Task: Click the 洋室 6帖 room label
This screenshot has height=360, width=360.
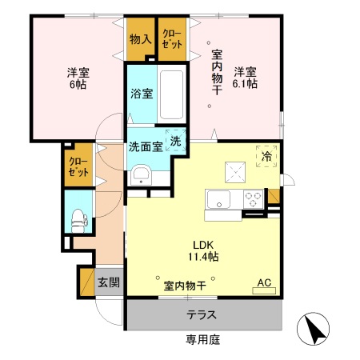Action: point(78,78)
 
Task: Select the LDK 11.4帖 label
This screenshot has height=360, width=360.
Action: point(203,250)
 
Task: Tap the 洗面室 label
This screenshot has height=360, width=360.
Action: point(146,146)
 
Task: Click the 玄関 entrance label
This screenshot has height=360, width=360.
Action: point(109,282)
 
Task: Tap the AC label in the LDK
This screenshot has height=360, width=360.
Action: point(264,282)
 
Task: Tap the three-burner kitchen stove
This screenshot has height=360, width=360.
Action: point(254,198)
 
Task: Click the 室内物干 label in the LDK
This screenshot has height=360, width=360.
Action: point(185,285)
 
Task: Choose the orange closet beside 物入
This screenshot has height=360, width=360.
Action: point(170,38)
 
